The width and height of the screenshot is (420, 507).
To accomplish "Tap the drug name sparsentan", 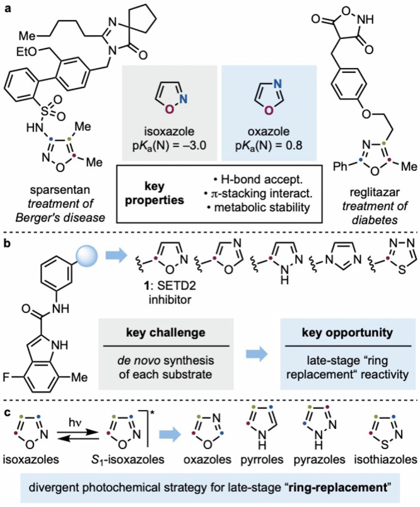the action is click(x=59, y=190).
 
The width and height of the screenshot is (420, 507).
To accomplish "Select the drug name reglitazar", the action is click(x=375, y=192).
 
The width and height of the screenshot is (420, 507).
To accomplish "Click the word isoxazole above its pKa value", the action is click(x=170, y=132).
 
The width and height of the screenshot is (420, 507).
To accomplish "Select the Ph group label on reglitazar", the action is click(x=341, y=166).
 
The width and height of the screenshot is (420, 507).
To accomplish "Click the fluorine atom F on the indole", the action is click(x=6, y=377).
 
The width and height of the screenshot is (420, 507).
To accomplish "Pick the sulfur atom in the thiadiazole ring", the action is click(x=402, y=270).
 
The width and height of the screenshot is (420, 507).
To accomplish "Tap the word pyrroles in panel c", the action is click(x=262, y=460).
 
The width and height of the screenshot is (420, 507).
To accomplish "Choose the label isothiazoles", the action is click(x=385, y=460).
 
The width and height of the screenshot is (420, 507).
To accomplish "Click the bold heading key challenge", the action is click(x=165, y=333).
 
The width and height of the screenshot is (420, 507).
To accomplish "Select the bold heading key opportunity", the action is click(x=347, y=333).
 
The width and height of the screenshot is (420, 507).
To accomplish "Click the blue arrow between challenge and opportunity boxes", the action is click(x=257, y=355).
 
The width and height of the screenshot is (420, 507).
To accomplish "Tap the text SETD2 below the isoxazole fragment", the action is click(x=177, y=286).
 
